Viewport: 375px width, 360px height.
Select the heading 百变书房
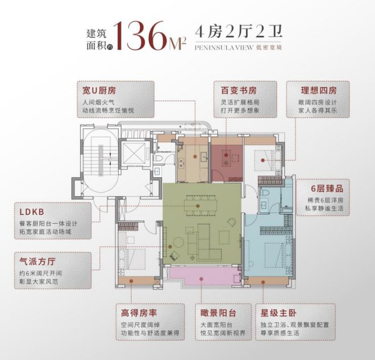tap(237, 90)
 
